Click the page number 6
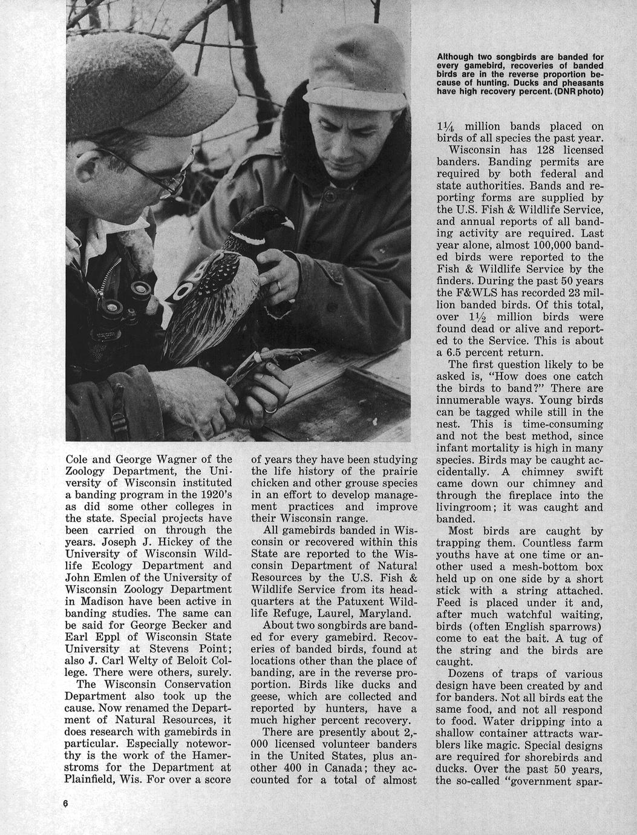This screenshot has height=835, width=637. point(65,803)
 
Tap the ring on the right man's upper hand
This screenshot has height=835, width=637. point(278,284)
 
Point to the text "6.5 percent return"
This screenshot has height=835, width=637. point(490,352)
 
